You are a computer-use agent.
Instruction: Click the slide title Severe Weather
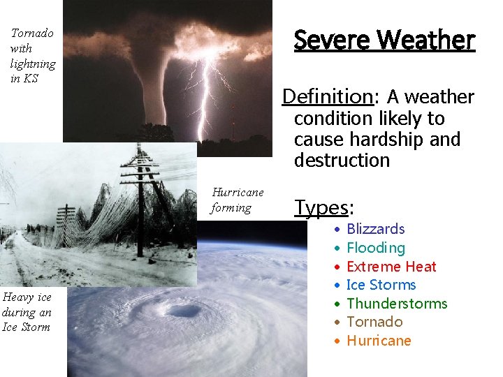click(384, 40)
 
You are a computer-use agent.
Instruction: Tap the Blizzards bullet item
click(375, 229)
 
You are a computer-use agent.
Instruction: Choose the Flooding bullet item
click(375, 248)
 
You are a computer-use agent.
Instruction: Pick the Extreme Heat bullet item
click(391, 267)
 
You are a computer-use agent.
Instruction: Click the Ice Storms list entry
click(381, 285)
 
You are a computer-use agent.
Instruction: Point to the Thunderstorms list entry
click(396, 304)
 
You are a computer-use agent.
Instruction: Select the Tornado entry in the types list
click(374, 322)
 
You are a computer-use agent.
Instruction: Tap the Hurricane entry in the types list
click(379, 341)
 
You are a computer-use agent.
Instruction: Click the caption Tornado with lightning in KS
click(32, 55)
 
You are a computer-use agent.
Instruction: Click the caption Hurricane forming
click(238, 200)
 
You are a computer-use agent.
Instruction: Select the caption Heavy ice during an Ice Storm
click(27, 312)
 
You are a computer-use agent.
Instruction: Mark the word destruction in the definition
click(342, 161)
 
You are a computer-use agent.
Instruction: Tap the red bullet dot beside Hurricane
click(337, 341)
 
